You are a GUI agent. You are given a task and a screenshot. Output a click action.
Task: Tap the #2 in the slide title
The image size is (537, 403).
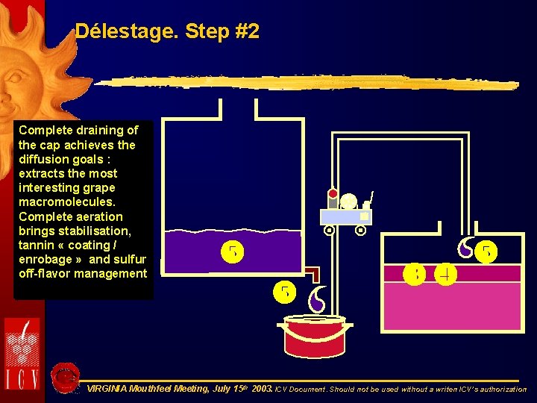point(244,31)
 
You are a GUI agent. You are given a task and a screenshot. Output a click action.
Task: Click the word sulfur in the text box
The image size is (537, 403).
point(128,259)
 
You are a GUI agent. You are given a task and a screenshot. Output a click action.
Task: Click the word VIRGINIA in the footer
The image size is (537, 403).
point(107,389)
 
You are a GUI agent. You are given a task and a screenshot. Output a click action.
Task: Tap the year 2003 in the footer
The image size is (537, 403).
point(262,389)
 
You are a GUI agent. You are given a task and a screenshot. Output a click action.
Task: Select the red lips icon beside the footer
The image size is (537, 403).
point(66,376)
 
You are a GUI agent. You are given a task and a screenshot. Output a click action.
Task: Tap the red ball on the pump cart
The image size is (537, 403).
point(333,194)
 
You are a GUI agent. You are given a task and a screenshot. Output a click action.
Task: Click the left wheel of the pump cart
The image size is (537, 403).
point(329,231)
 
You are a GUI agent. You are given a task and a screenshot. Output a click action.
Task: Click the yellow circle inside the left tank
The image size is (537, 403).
point(232,252)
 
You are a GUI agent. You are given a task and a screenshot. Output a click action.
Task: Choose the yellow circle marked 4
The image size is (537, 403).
point(446,274)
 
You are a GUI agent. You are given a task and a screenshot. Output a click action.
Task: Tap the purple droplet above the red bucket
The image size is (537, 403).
point(317,299)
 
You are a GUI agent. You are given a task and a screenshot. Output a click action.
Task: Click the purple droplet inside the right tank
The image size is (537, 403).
point(465,249)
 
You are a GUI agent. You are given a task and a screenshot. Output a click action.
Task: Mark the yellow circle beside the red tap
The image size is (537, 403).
point(284,291)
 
